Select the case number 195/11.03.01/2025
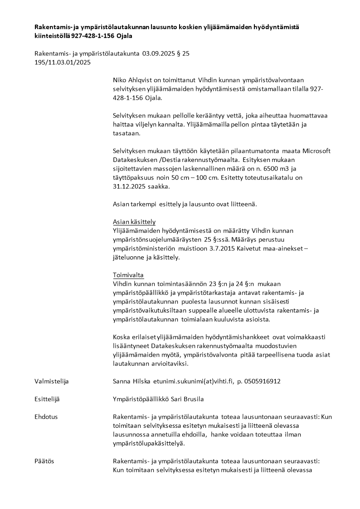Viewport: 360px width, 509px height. pyautogui.click(x=63, y=62)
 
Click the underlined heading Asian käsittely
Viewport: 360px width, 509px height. pyautogui.click(x=134, y=222)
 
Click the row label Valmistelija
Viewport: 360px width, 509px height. pyautogui.click(x=52, y=382)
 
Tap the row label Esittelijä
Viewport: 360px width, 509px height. pyautogui.click(x=47, y=399)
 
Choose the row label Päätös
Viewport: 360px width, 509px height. pyautogui.click(x=44, y=461)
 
